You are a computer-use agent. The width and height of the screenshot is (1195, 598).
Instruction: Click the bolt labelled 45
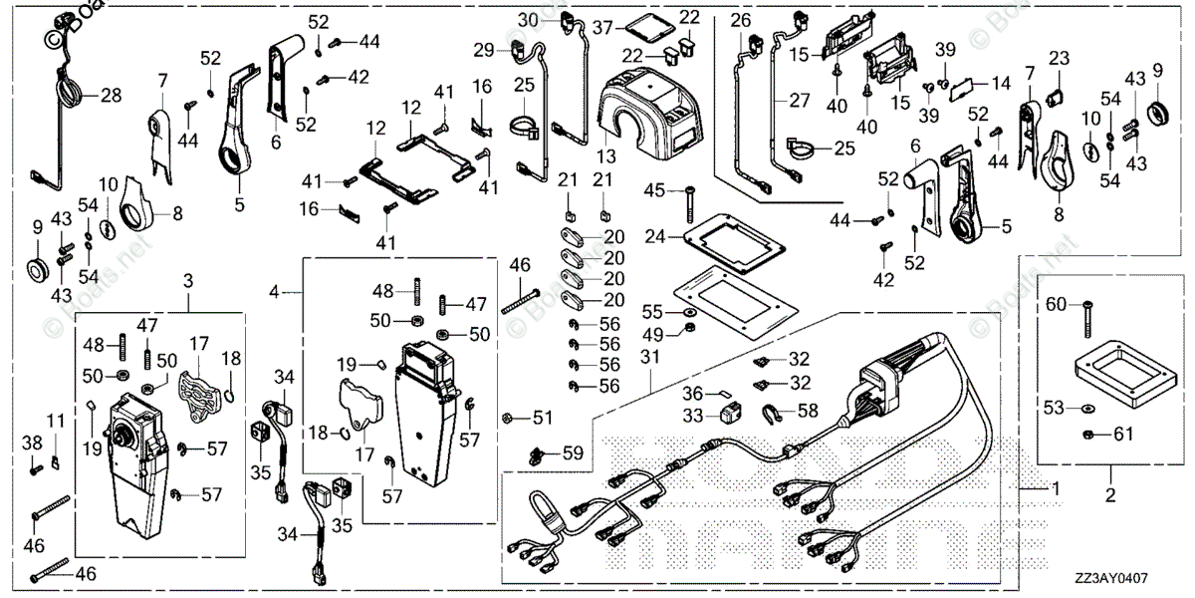(686, 206)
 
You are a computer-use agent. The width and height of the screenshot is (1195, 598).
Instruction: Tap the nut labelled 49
(689, 332)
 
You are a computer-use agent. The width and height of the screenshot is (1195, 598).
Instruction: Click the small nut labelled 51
(508, 417)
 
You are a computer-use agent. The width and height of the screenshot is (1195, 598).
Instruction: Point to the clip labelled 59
(538, 455)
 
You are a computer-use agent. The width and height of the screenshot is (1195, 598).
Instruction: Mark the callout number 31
(649, 357)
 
